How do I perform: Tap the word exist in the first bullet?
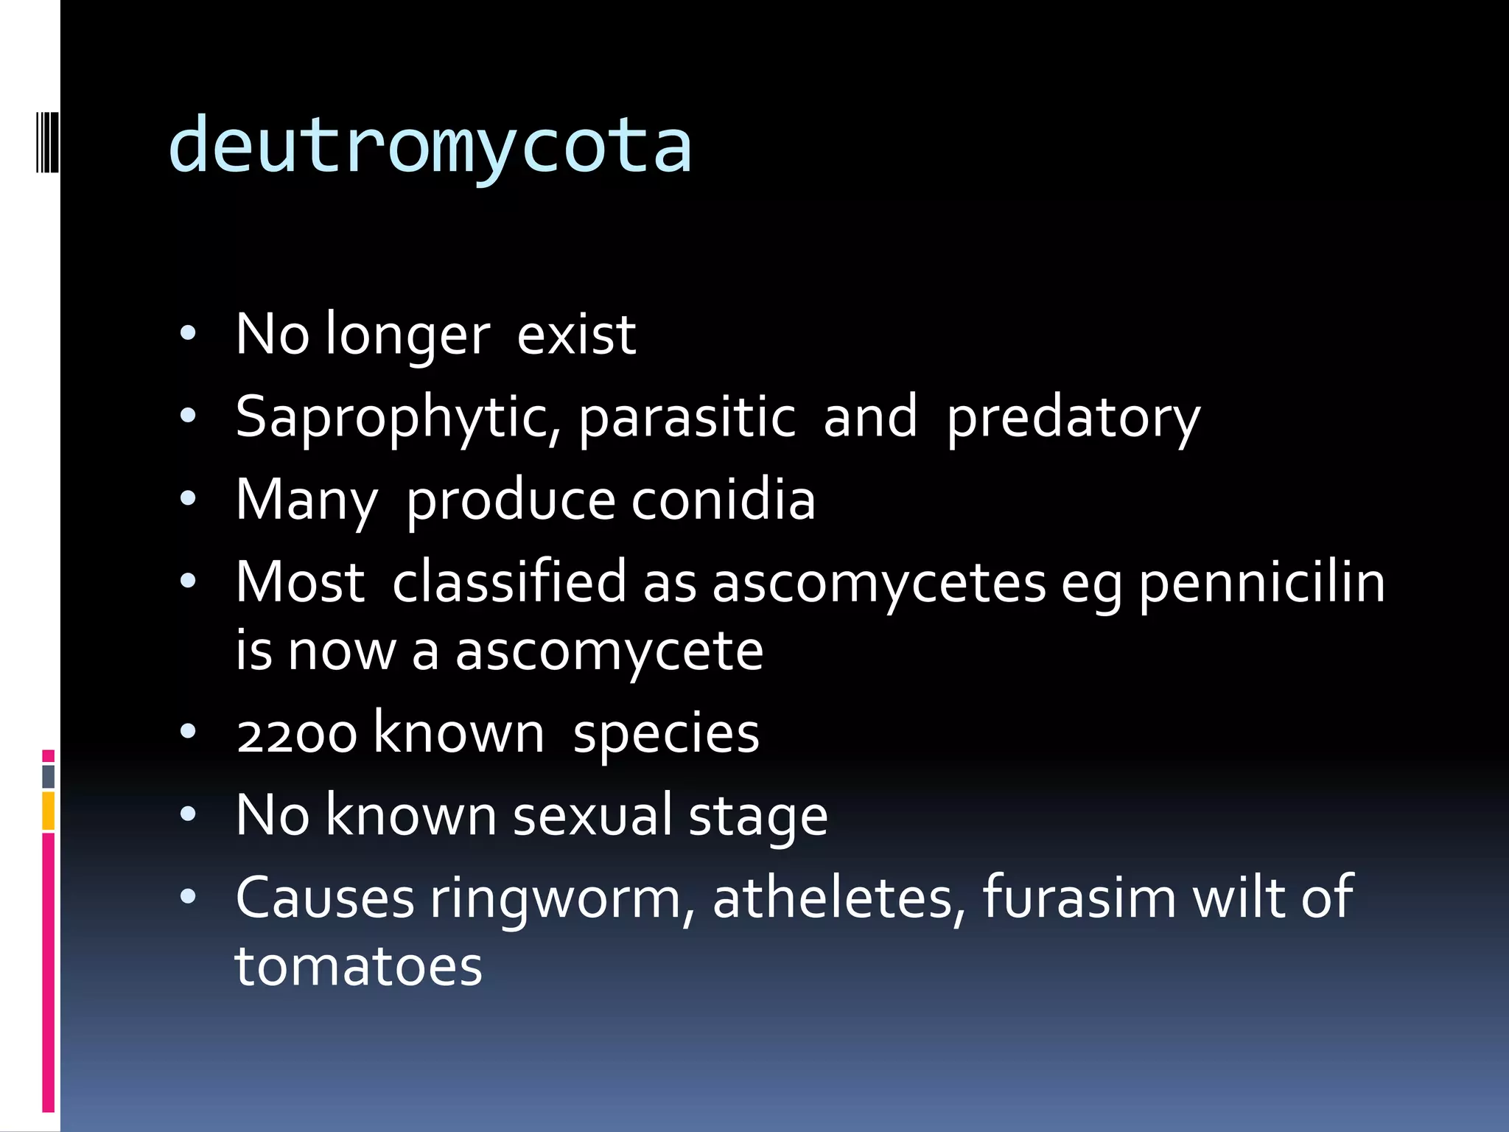point(576,335)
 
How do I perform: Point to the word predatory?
point(1073,418)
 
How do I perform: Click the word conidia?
point(723,500)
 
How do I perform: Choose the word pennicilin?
point(1262,583)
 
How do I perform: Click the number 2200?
point(297,735)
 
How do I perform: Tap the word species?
point(666,733)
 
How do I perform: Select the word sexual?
point(592,816)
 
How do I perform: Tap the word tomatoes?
point(359,966)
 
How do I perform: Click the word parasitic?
point(687,418)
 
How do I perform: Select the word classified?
point(509,583)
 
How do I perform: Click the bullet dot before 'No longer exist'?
point(189,334)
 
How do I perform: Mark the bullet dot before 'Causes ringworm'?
point(189,897)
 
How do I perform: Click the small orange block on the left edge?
point(49,811)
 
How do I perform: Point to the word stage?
point(758,817)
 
